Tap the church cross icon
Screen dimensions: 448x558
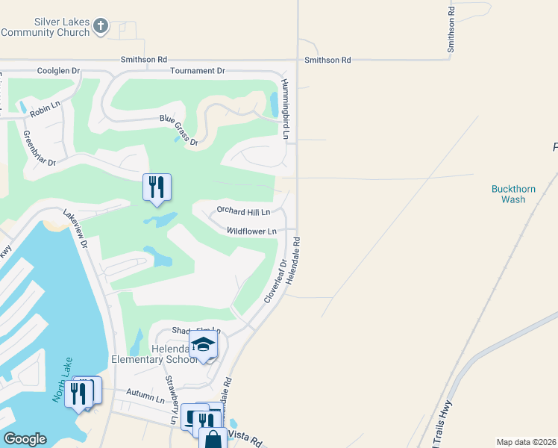click(x=101, y=28)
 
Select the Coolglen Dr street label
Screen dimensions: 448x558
click(x=58, y=71)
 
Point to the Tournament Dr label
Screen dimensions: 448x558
click(x=197, y=70)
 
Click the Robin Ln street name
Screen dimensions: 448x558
click(x=44, y=108)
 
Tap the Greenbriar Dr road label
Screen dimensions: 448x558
click(x=40, y=149)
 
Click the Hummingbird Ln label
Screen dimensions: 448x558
click(x=284, y=109)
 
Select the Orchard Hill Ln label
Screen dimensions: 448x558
click(x=242, y=211)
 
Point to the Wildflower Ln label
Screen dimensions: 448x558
click(x=251, y=231)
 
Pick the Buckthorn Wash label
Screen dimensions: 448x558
click(x=513, y=194)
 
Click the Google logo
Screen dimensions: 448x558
click(x=25, y=439)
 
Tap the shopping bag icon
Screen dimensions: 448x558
click(x=213, y=439)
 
